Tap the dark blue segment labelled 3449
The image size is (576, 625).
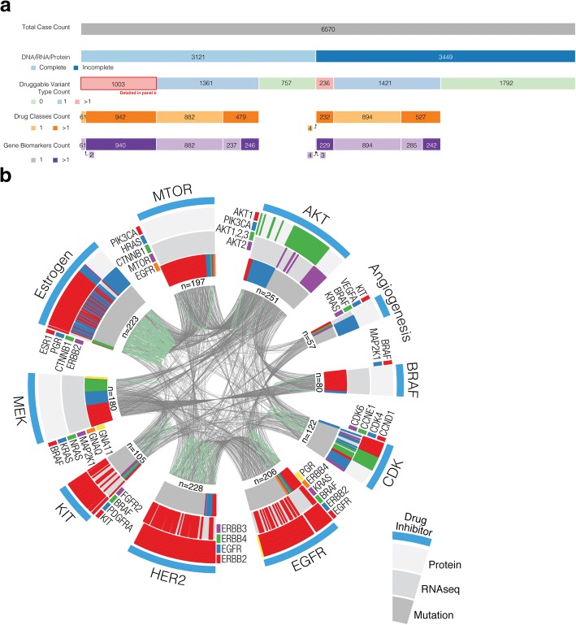(445, 55)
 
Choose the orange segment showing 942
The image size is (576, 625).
(121, 116)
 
